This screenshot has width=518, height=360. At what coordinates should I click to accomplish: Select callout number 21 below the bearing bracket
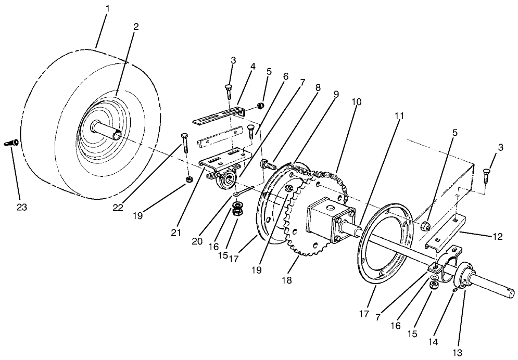coord(176,232)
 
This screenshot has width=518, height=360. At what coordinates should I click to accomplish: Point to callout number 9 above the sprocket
coord(336,95)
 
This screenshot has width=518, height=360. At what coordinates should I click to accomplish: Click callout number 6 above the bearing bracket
coord(285,75)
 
